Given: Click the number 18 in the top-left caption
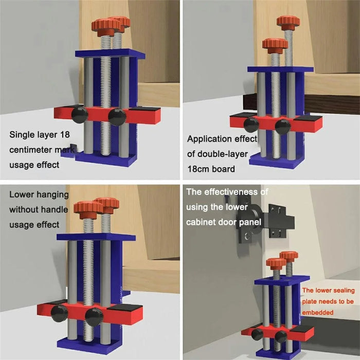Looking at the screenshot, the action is tap(65, 134).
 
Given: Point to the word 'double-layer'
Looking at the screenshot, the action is tap(223, 154).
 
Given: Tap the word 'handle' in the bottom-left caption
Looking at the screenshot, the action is tap(55, 209).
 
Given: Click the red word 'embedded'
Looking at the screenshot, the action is tap(317, 313).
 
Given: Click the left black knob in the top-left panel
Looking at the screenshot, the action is tap(79, 114).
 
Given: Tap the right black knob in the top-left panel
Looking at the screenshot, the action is tap(117, 117).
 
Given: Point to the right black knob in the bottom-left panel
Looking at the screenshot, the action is tap(94, 317).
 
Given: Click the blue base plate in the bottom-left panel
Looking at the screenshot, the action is tap(89, 344).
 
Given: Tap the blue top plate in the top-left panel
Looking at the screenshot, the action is tap(110, 53).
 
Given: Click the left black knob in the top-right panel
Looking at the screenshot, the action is tap(251, 125).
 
